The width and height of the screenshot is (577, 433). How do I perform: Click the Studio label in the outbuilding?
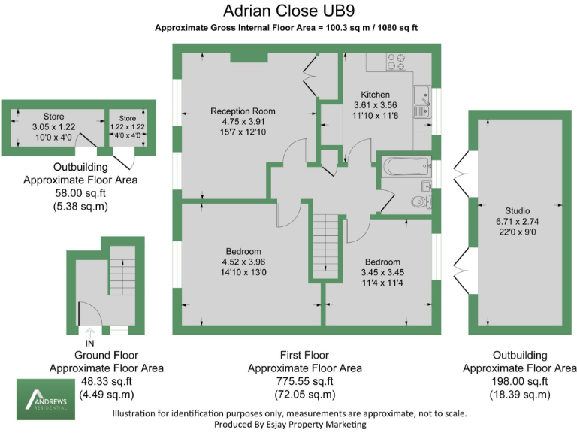click(x=517, y=210)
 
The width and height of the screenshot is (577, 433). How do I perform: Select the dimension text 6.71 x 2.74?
click(x=517, y=222)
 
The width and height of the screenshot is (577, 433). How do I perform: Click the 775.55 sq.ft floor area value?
click(x=304, y=381)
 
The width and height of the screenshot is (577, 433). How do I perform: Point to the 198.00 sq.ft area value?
click(x=519, y=381)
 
